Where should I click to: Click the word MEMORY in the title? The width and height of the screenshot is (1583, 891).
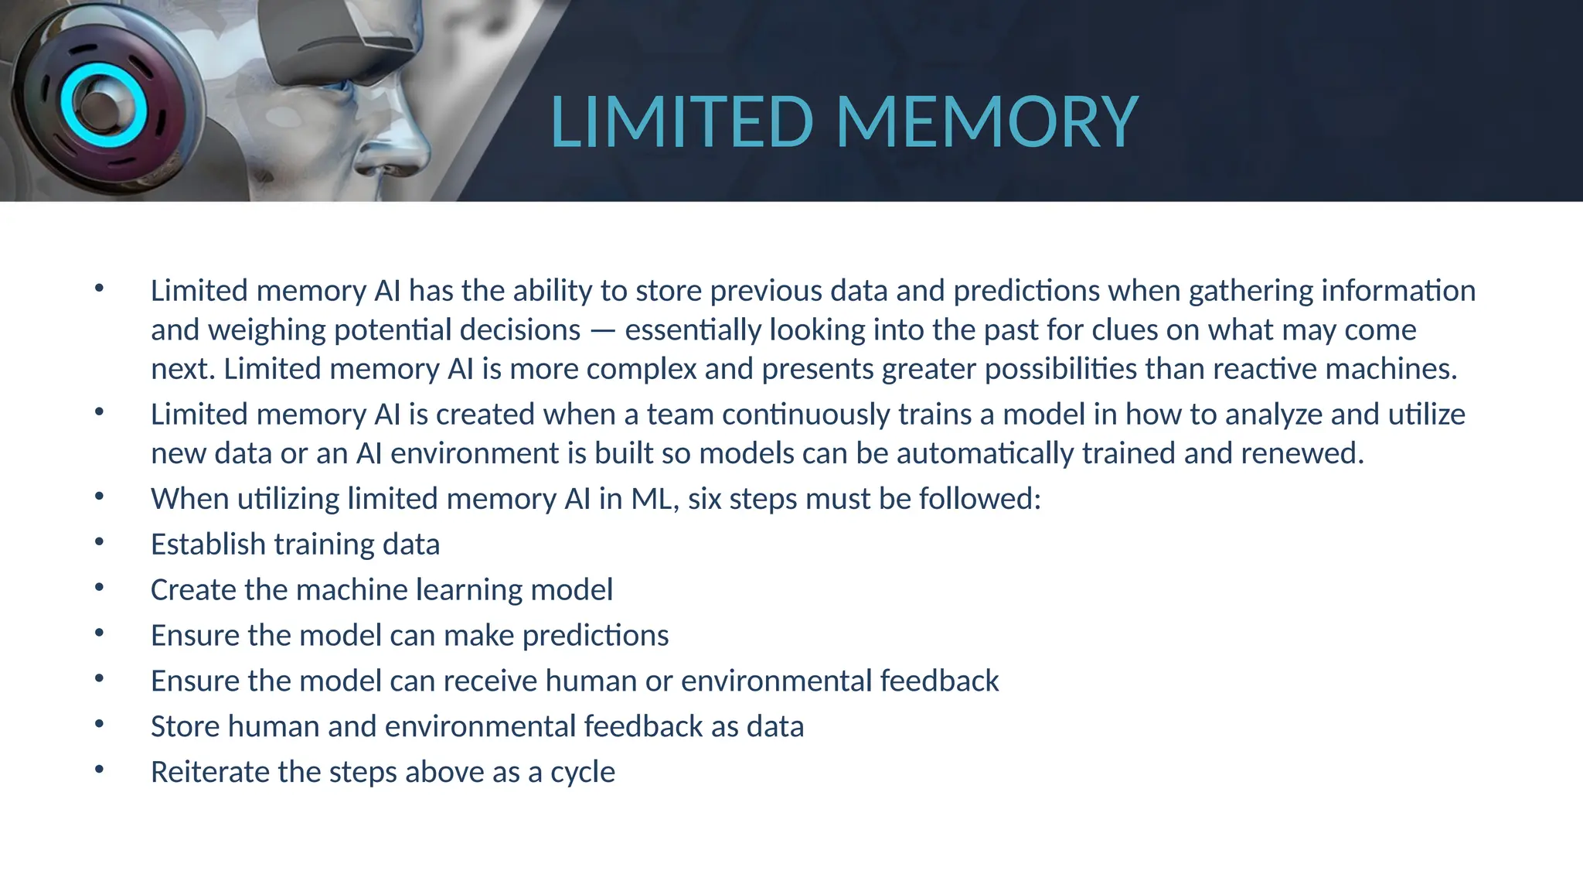[x=987, y=121]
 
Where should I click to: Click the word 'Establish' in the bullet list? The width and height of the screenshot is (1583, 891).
[x=208, y=544]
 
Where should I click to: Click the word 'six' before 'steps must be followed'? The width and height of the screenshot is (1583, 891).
[x=704, y=499]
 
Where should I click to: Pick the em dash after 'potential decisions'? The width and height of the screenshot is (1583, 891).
[x=603, y=331]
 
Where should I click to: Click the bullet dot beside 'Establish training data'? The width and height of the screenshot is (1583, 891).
[x=99, y=542]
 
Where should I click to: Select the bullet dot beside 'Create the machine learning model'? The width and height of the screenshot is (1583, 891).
[x=99, y=588]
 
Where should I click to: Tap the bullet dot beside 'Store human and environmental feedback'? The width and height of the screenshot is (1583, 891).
[x=99, y=725]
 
